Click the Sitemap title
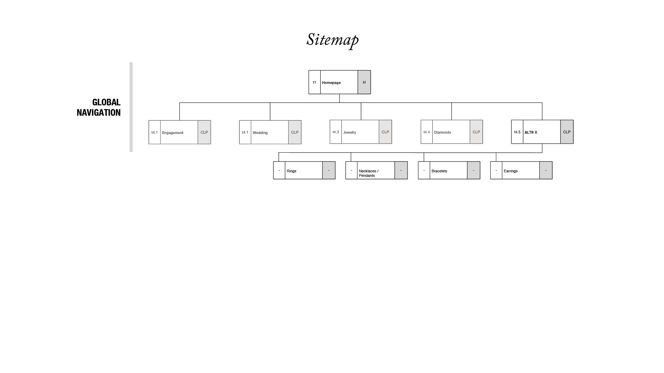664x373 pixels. pos(332,40)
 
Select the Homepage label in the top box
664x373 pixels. pos(331,83)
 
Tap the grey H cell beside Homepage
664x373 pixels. pos(364,82)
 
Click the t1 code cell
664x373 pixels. pos(314,82)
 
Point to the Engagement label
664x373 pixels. pos(173,133)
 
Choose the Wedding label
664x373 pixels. pos(260,133)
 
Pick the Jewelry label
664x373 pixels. pos(350,132)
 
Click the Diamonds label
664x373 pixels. pos(442,132)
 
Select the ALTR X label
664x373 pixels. pos(531,132)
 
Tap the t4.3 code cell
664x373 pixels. pos(335,132)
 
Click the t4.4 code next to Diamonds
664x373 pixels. pos(426,132)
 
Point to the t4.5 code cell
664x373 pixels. pos(517,132)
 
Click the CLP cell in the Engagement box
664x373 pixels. pos(204,132)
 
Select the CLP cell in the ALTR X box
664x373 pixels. pos(566,132)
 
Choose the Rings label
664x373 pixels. pos(292,171)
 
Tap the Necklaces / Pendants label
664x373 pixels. pos(369,173)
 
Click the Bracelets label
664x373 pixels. pos(439,171)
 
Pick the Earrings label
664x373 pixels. pos(510,171)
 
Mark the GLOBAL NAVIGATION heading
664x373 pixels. pos(99,107)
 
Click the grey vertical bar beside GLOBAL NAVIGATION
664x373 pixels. pos(131,107)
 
